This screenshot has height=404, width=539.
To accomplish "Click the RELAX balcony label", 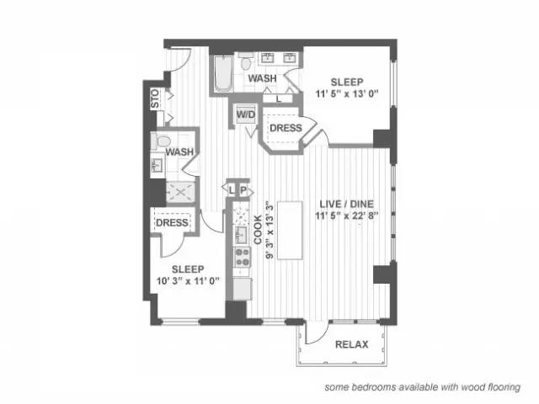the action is pyautogui.click(x=352, y=344).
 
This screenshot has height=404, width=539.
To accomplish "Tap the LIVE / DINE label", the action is pyautogui.click(x=346, y=204).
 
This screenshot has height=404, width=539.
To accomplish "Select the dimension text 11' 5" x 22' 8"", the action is pyautogui.click(x=346, y=215).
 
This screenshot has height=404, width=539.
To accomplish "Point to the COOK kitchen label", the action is pyautogui.click(x=258, y=230).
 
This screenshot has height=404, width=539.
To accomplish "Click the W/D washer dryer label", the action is pyautogui.click(x=246, y=114).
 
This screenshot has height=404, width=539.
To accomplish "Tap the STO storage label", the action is pyautogui.click(x=155, y=98).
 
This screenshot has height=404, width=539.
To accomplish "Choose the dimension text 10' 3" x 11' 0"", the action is pyautogui.click(x=188, y=281).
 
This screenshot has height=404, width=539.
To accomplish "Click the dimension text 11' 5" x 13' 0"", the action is pyautogui.click(x=347, y=93).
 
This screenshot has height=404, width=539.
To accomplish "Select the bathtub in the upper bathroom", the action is pyautogui.click(x=223, y=74).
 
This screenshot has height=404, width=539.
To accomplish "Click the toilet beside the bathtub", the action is pyautogui.click(x=245, y=62).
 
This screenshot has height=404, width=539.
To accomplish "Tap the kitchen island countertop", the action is pyautogui.click(x=290, y=231).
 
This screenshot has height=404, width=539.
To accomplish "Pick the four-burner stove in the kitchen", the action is pyautogui.click(x=242, y=258).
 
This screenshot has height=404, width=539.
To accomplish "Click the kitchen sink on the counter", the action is pyautogui.click(x=241, y=235).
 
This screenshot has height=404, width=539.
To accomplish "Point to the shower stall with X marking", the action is pyautogui.click(x=180, y=193).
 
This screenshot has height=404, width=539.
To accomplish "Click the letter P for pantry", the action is pyautogui.click(x=243, y=190).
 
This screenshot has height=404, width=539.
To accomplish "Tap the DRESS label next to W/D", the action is pyautogui.click(x=286, y=128).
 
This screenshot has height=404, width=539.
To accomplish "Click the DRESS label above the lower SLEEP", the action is pyautogui.click(x=172, y=222).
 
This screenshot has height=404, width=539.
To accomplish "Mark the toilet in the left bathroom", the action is pyautogui.click(x=161, y=141).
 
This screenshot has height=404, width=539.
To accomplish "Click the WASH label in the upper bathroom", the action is pyautogui.click(x=262, y=78).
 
